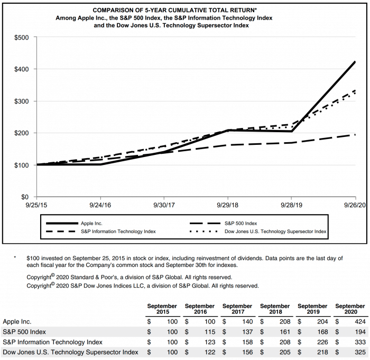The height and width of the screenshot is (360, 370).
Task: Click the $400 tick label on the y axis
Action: (x=22, y=69)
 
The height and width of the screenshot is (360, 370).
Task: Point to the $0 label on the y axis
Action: (x=25, y=197)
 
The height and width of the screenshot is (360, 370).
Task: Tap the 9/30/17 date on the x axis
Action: (x=164, y=205)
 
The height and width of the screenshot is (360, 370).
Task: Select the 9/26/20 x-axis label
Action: (x=355, y=205)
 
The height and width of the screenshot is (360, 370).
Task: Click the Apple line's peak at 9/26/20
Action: (x=355, y=62)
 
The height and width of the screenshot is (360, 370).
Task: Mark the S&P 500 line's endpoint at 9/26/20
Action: (x=355, y=135)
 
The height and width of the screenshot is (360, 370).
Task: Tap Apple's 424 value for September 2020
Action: (x=360, y=321)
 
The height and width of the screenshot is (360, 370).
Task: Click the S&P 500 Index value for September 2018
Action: (x=285, y=331)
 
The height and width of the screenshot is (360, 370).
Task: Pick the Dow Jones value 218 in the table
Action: (x=322, y=352)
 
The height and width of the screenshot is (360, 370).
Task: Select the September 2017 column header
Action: (x=237, y=309)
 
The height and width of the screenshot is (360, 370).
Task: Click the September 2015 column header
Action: (x=162, y=309)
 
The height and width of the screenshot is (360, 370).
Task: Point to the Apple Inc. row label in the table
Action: (x=17, y=321)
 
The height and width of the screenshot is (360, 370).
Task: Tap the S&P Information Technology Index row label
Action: (x=53, y=342)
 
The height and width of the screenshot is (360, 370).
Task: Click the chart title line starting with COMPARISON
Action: (x=174, y=10)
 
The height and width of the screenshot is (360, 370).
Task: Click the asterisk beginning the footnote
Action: (x=15, y=257)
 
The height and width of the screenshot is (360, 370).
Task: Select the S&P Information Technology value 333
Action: (x=360, y=342)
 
